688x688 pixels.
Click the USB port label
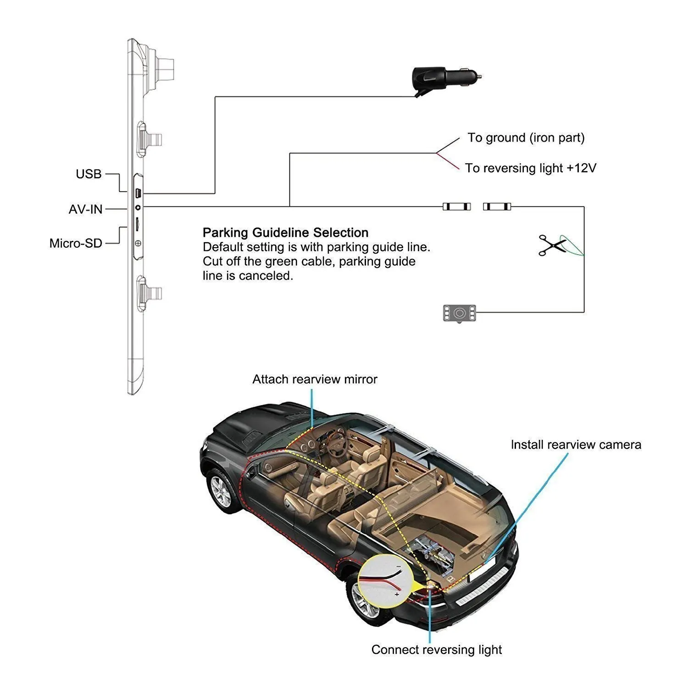click(89, 174)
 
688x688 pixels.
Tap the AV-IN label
click(86, 209)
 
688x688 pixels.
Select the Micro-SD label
click(76, 243)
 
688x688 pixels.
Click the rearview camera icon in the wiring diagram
click(459, 313)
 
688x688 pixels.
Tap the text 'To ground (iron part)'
click(526, 138)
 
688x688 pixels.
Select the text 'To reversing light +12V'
click(530, 168)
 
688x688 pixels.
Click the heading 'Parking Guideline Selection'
click(285, 233)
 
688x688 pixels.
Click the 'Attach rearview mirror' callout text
click(315, 379)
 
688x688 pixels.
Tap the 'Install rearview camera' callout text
click(576, 444)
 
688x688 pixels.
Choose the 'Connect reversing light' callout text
click(436, 649)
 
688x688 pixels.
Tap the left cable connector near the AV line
click(456, 207)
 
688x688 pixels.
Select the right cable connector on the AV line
click(497, 207)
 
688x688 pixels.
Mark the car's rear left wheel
click(367, 599)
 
